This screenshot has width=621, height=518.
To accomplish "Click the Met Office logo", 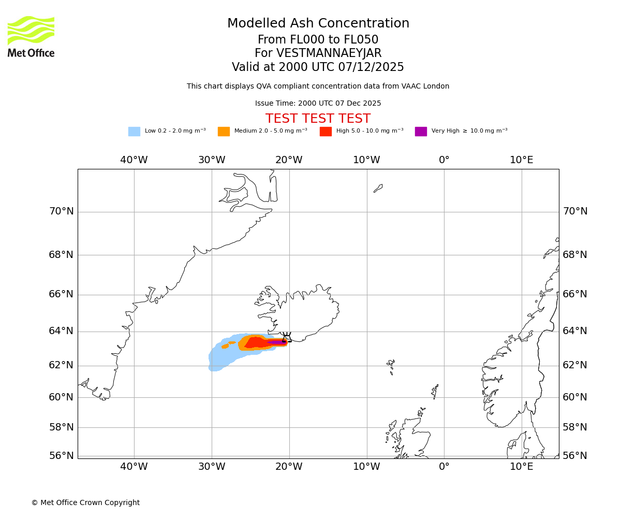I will point(31,36).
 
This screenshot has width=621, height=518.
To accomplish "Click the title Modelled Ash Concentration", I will point(318,24).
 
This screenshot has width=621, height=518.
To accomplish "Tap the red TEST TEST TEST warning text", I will point(318,119).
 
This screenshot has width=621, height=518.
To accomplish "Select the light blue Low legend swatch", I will point(134,132).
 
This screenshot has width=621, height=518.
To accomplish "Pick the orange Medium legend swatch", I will point(224,132).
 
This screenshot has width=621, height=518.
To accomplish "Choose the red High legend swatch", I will point(326,132).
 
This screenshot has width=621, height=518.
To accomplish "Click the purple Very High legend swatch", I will point(421,132).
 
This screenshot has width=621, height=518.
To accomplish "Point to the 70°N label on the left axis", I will point(61,211).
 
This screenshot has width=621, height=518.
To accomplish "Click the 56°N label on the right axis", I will point(575,456).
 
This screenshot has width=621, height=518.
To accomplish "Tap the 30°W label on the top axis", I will point(212,160).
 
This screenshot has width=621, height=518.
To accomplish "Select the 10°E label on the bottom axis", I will point(522,466).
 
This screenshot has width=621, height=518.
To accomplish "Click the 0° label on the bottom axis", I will point(444,466).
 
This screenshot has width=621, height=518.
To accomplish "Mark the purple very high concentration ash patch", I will point(276,342).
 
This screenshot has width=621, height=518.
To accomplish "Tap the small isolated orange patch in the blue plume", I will point(226,346).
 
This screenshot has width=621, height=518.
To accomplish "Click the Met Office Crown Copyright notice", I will point(85,503).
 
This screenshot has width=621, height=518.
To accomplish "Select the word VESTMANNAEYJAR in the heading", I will point(329,53).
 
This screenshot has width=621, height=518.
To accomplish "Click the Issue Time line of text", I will point(318,104).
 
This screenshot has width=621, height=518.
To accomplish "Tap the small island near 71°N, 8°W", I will point(378,189).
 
